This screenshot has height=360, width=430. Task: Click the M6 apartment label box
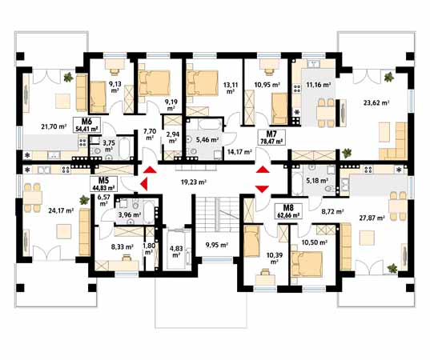click(x=86, y=125)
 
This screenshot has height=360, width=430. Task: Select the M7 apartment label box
click(x=271, y=138)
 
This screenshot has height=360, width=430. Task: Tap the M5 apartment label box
click(x=103, y=183)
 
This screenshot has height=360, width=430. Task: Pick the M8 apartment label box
click(x=289, y=211)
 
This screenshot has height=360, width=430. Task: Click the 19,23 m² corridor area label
click(x=194, y=182)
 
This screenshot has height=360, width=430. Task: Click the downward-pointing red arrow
click(x=263, y=189)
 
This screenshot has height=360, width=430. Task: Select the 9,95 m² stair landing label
click(x=217, y=245)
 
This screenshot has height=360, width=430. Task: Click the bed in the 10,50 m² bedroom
click(x=307, y=263)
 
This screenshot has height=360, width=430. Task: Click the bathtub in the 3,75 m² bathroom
click(x=124, y=147)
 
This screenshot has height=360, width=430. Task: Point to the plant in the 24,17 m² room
click(x=84, y=200)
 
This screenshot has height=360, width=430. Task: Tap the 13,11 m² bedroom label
click(x=231, y=88)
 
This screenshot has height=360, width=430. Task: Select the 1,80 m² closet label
click(x=149, y=249)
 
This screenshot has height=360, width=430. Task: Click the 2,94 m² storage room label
click(x=172, y=138)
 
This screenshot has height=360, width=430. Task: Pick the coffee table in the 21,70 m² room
click(x=62, y=101)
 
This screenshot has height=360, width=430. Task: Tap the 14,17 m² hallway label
click(x=239, y=151)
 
